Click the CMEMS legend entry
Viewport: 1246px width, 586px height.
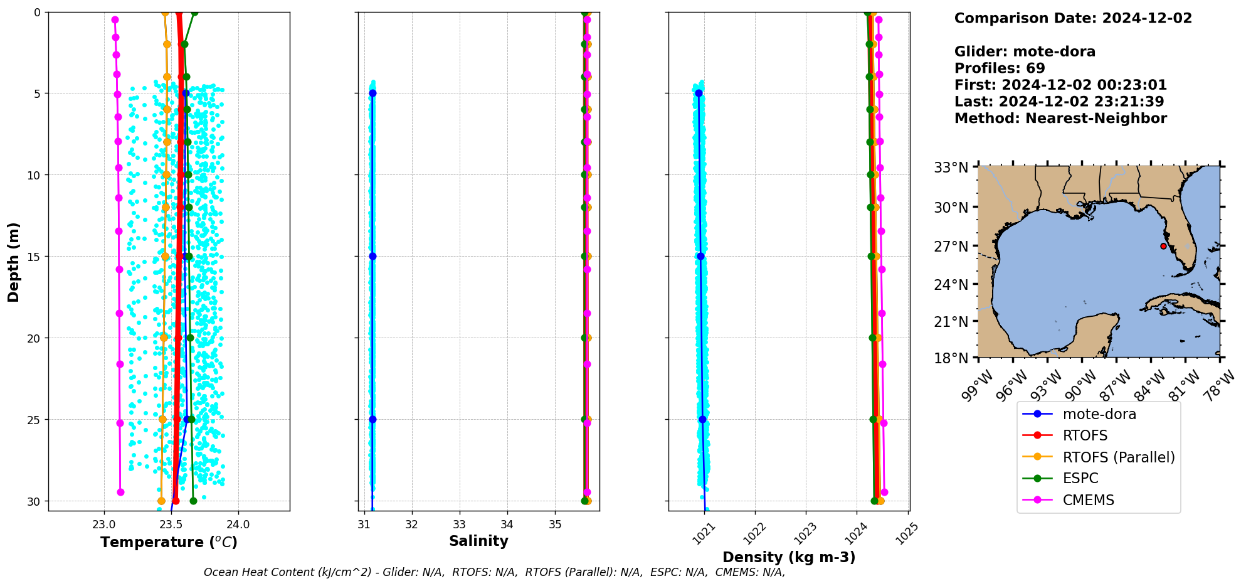click(1088, 500)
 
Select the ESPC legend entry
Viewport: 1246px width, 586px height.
click(1080, 478)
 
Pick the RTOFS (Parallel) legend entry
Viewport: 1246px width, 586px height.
click(1118, 457)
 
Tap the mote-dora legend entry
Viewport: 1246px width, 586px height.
click(1099, 414)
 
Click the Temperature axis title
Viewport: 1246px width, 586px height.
click(169, 542)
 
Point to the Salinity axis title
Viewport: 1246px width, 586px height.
click(478, 541)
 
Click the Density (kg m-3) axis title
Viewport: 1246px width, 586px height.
click(789, 557)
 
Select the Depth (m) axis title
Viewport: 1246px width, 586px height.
click(13, 262)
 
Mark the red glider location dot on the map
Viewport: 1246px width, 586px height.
click(1163, 246)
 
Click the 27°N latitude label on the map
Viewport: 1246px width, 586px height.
click(951, 247)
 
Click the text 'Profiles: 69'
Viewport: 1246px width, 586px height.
click(999, 68)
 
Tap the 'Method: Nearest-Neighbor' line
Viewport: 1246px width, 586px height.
click(1060, 119)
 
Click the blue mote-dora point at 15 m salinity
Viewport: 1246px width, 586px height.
click(372, 256)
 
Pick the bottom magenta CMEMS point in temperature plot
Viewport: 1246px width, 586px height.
click(120, 492)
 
